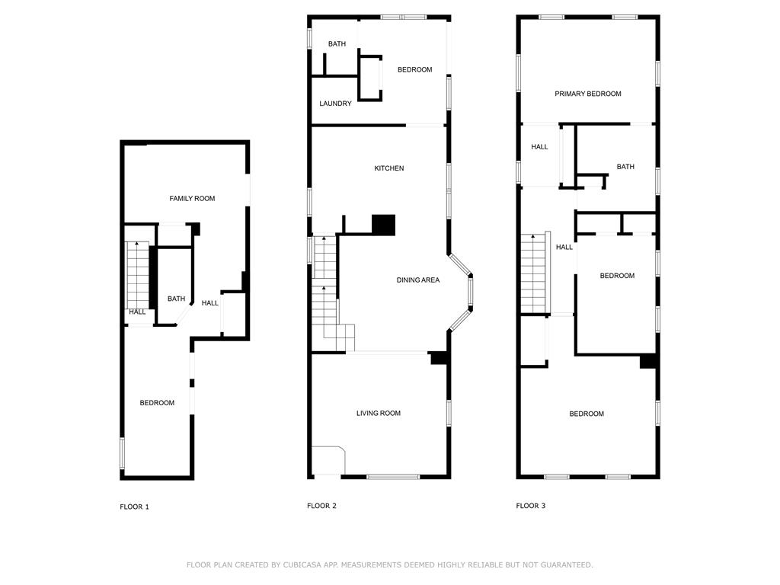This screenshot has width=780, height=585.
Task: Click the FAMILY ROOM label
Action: (192, 199)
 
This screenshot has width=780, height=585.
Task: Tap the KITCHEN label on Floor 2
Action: (388, 168)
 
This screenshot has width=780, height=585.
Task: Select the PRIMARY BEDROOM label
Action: (587, 94)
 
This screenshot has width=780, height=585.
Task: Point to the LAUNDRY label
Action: (335, 104)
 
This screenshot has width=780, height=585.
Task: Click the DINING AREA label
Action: (417, 280)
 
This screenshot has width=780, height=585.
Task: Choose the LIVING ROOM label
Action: (378, 414)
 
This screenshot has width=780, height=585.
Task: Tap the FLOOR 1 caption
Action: (134, 507)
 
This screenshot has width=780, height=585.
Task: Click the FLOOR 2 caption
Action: (321, 506)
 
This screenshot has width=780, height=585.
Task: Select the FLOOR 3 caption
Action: (530, 506)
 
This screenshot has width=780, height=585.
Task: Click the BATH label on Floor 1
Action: (176, 299)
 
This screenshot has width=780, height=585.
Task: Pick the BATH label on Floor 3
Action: (625, 167)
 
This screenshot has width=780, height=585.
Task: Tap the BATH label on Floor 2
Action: (337, 44)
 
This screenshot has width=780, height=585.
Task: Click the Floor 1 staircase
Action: (137, 274)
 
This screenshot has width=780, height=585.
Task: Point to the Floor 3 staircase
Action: (533, 274)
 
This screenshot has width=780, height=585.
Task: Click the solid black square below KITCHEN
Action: (384, 225)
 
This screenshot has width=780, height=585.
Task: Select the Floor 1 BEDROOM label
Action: (157, 403)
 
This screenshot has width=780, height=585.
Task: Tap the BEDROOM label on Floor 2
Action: (414, 70)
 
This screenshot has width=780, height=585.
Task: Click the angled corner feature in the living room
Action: (329, 460)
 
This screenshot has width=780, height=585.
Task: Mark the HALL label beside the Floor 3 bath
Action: (539, 147)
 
